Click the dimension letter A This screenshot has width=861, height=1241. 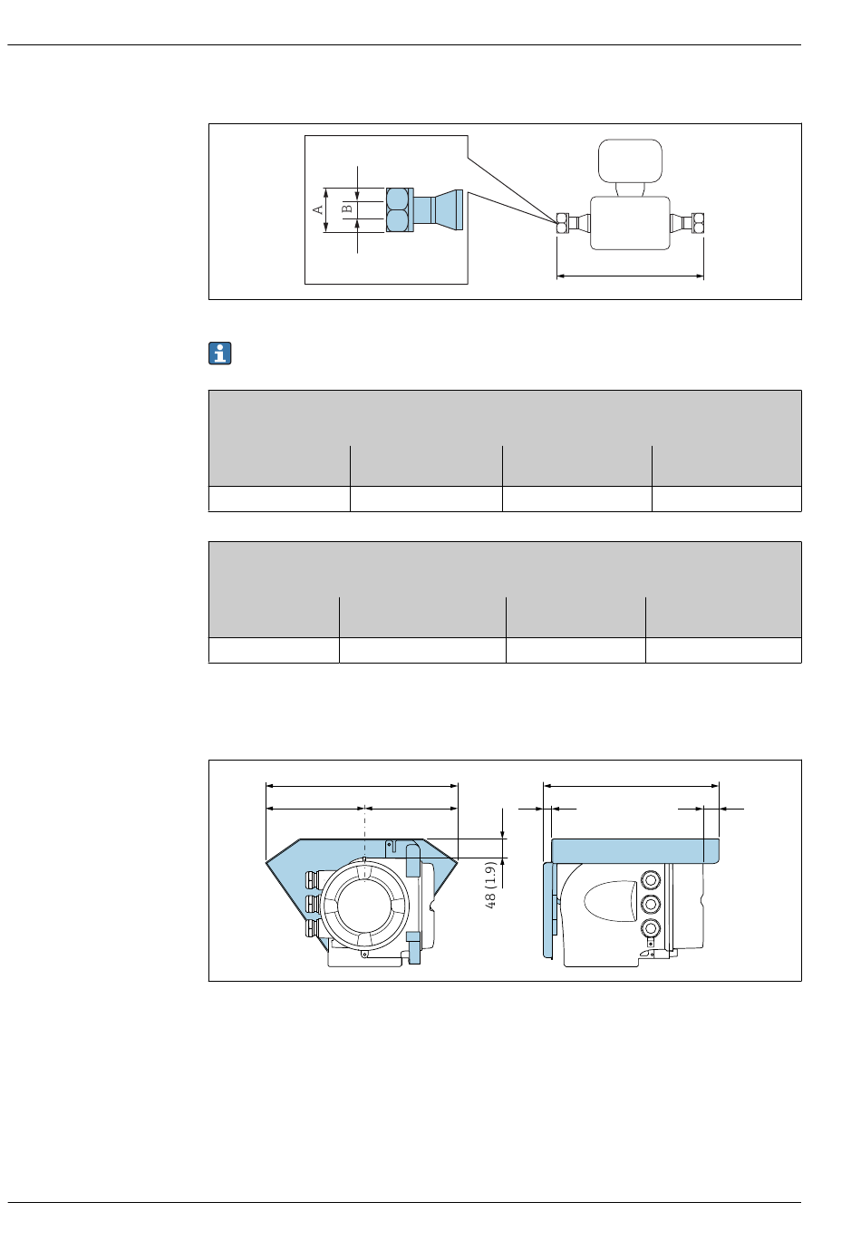tap(317, 210)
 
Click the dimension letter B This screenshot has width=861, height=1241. tap(346, 208)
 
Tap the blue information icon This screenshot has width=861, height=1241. tap(220, 354)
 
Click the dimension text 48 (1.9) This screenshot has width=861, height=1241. tap(489, 885)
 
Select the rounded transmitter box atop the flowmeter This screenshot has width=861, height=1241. tap(630, 160)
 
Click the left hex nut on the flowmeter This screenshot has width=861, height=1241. tap(562, 223)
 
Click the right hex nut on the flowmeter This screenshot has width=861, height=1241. tap(698, 223)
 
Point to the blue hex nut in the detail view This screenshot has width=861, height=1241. tap(399, 210)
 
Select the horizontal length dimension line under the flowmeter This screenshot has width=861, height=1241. tap(630, 276)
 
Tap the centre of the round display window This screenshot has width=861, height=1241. tap(365, 906)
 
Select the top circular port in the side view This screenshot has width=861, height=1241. tap(651, 880)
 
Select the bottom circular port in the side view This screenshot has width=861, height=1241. tap(651, 928)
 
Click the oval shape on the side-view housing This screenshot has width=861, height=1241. tap(610, 901)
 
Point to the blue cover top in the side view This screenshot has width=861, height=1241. tap(635, 851)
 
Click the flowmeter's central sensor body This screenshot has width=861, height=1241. tap(630, 223)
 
